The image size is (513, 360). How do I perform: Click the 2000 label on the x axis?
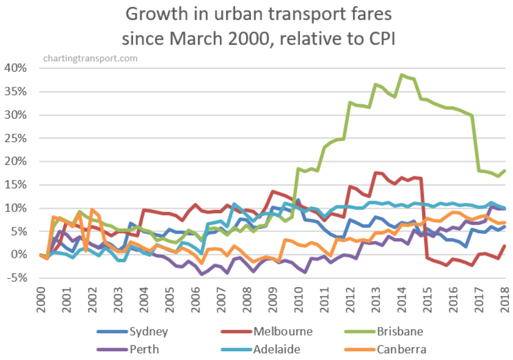41,299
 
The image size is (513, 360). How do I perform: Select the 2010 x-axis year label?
298,299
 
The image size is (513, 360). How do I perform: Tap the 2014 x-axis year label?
401,299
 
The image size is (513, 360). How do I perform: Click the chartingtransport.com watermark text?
90,58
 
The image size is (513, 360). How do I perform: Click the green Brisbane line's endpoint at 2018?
504,171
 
